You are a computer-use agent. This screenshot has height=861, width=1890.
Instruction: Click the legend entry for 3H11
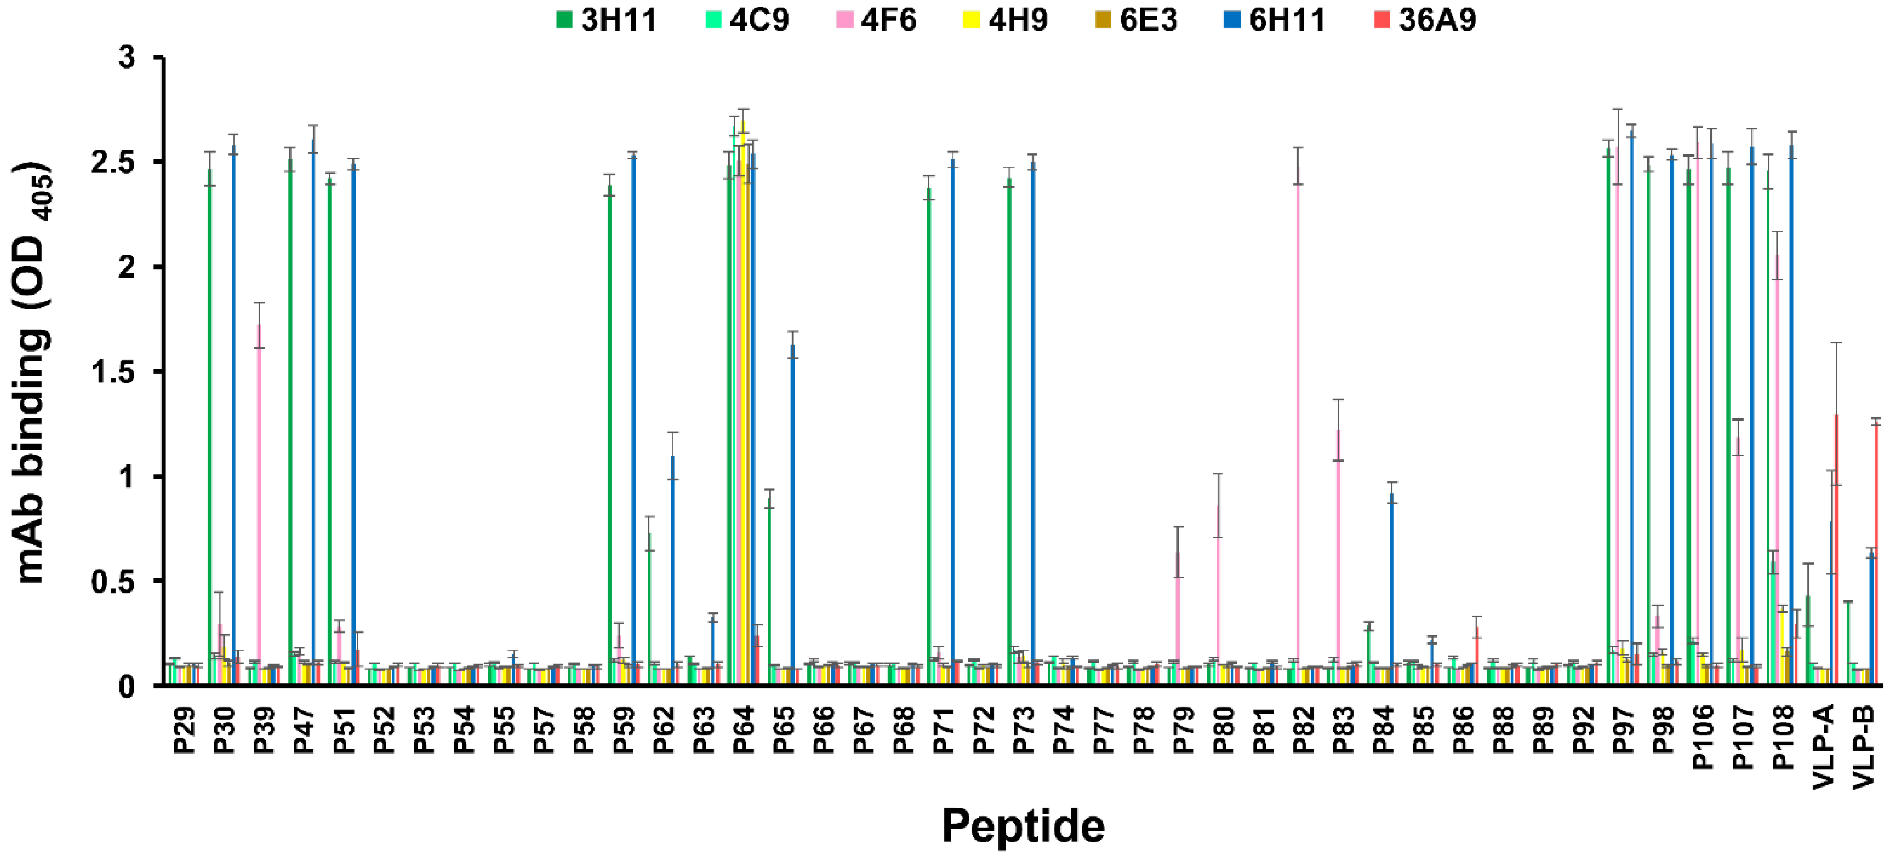606,20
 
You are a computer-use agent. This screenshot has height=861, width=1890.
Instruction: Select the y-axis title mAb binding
33,374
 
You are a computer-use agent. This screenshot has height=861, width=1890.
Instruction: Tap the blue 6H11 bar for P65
792,514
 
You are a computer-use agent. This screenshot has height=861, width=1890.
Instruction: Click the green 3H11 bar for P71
929,440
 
